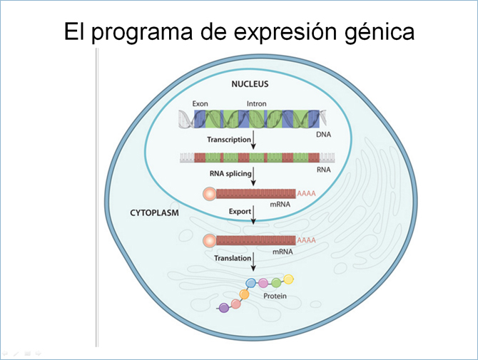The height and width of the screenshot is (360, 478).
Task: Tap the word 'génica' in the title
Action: coord(380,32)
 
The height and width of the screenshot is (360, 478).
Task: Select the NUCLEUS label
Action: coord(250,84)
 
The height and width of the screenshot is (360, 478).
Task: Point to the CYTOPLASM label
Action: coord(154,212)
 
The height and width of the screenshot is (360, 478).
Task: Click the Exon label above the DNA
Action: coord(200,103)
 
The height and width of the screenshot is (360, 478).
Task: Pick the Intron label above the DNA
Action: coord(256,103)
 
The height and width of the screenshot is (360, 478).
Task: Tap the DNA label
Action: coord(323,134)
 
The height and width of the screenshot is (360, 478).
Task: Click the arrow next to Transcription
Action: coord(253,140)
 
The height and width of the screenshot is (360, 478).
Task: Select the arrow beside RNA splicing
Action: coord(253,176)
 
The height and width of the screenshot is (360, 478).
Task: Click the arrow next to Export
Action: coord(253,215)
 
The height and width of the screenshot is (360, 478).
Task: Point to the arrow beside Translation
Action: coord(253,262)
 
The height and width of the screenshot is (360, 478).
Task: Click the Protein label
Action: coord(275,296)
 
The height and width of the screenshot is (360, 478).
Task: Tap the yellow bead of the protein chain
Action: coord(288,279)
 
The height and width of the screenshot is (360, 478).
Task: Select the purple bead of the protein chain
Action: coord(224,308)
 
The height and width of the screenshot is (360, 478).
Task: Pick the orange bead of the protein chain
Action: coord(244,294)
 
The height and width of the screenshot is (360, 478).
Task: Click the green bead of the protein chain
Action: coord(276,283)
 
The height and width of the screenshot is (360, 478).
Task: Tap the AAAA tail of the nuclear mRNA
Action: coord(306,193)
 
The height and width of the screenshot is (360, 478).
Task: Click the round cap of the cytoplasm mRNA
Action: coord(210,241)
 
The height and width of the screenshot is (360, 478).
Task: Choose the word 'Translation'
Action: coord(233,258)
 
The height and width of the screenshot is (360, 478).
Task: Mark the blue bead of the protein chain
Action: coord(251,283)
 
